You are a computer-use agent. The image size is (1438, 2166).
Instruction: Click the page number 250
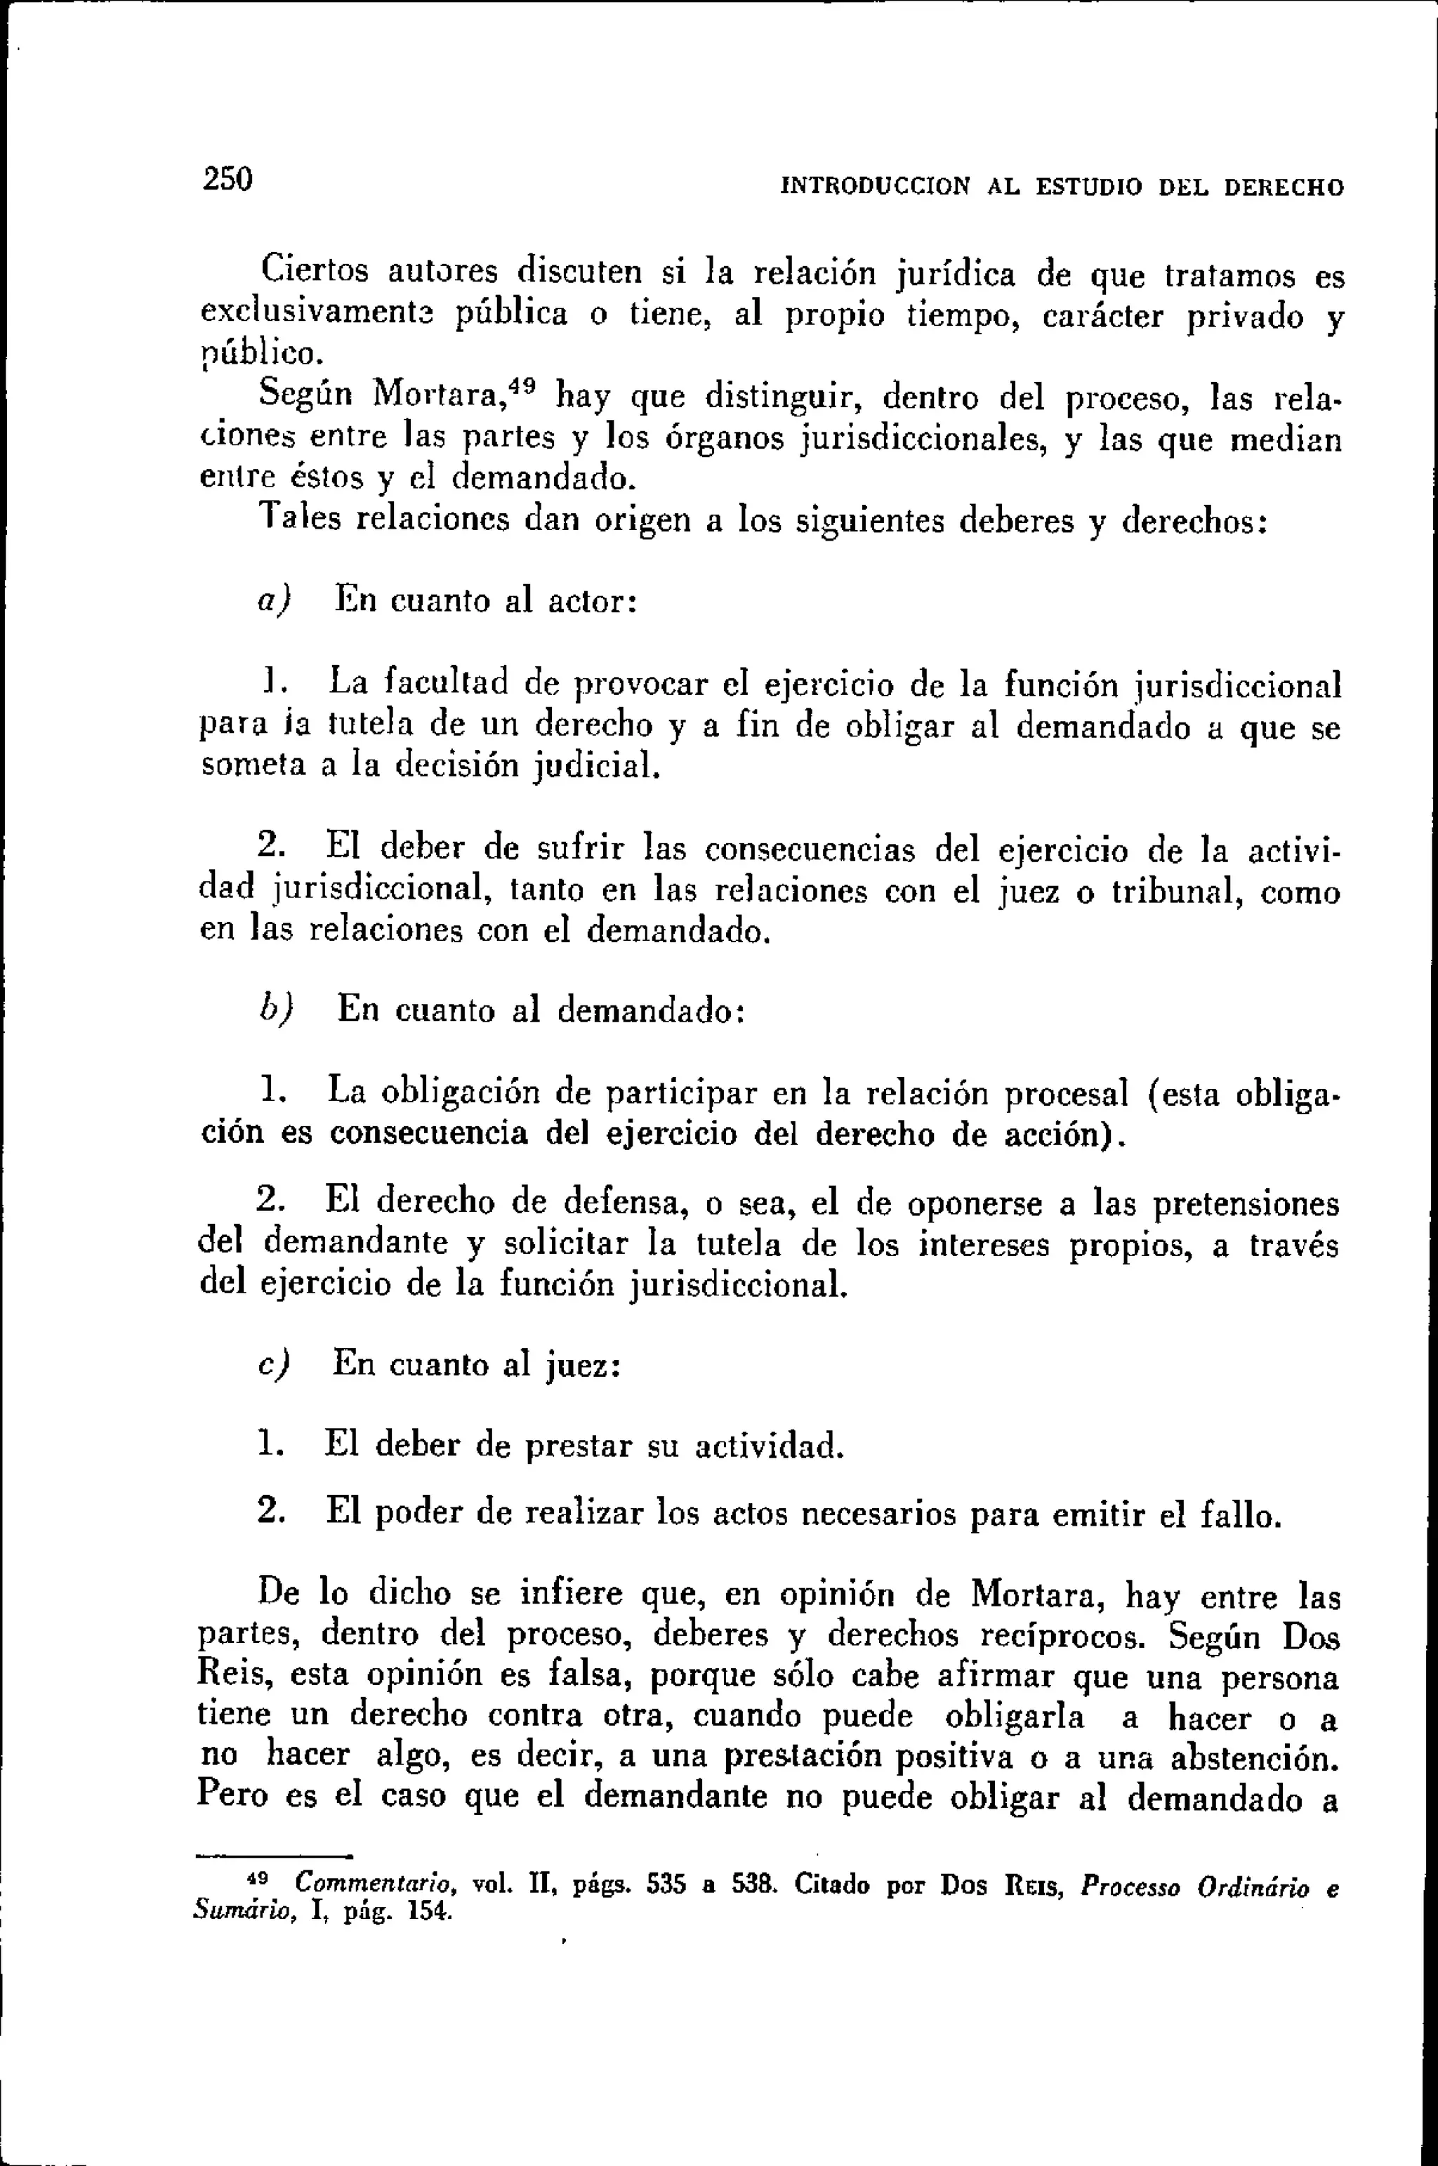coord(227,179)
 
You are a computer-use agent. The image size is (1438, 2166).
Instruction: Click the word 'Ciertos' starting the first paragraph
coord(315,272)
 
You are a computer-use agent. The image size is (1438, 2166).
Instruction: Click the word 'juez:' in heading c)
coord(584,1366)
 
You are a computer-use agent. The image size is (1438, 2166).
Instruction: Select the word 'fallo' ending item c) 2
coord(1238,1516)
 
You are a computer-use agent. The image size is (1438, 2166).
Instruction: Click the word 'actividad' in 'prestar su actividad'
coord(767,1446)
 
